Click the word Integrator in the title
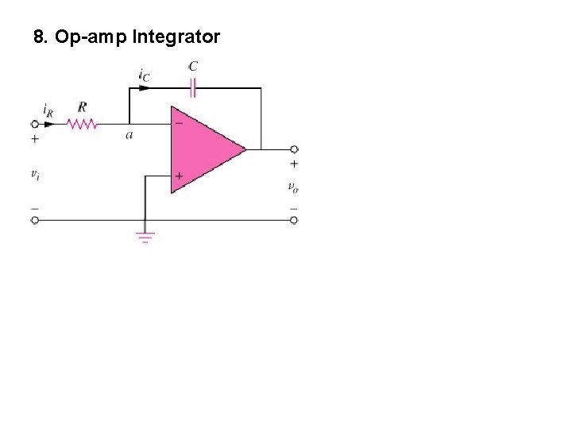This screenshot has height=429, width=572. point(176,37)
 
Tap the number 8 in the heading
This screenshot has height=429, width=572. point(40,37)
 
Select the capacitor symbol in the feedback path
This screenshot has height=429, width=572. point(192,87)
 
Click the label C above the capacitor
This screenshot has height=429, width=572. point(193,67)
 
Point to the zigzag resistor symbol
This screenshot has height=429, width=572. point(81,124)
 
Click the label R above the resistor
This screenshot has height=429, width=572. point(82,107)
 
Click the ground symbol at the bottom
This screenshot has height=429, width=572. point(145,237)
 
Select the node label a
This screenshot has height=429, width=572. point(129,135)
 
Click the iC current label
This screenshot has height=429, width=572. point(144,76)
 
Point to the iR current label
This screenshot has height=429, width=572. point(48,110)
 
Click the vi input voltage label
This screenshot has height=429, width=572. point(35,174)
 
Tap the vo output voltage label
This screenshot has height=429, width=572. point(293,187)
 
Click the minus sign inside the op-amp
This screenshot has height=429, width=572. point(179,124)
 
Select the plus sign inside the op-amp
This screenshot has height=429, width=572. point(179,176)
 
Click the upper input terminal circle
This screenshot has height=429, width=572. point(34,124)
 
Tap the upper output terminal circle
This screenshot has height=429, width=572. point(294,149)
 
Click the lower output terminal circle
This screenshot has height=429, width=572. point(294,220)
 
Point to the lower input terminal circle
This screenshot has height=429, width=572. point(34,220)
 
